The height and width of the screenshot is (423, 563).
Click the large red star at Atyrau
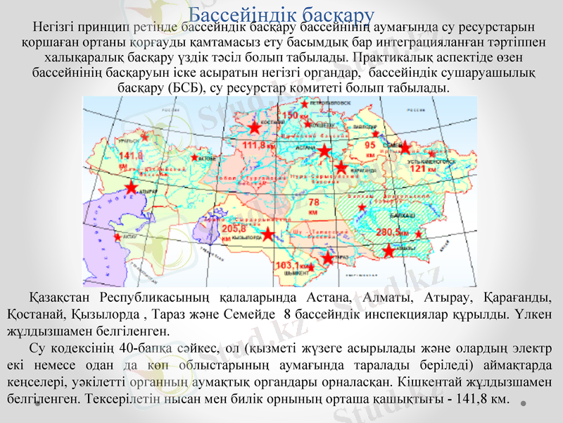[131, 187]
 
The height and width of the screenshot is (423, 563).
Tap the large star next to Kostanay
[254, 128]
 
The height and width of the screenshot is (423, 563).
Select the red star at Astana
[324, 150]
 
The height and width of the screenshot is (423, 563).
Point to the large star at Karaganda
[341, 167]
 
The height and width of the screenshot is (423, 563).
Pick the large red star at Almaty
[388, 250]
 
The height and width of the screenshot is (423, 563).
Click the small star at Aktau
[117, 237]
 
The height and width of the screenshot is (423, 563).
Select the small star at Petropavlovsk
[304, 104]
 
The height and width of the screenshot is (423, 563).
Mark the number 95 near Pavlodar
[369, 144]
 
